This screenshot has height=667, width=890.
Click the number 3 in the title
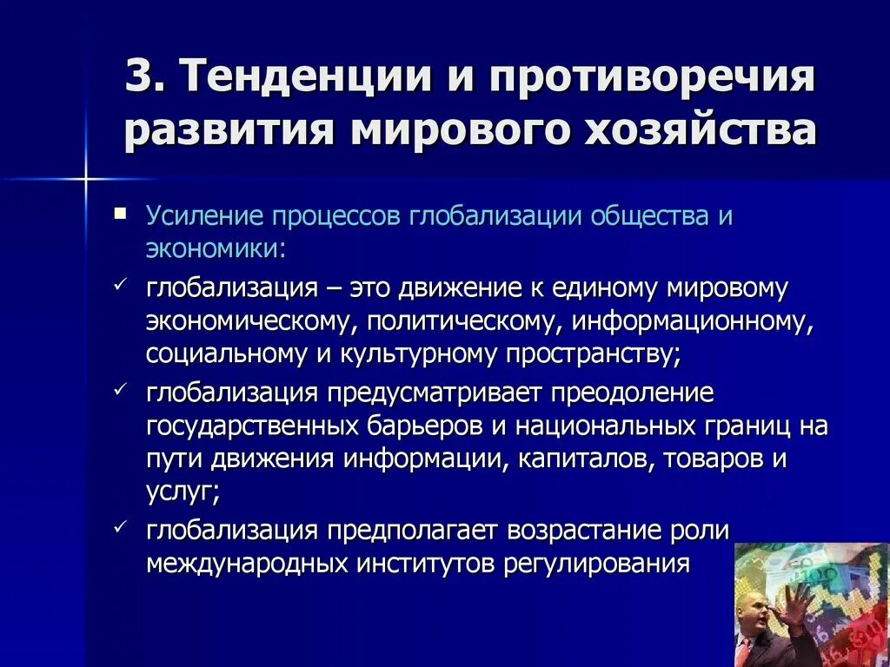tap(139, 79)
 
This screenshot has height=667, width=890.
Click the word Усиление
tap(206, 216)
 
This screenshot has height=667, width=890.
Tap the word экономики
tap(214, 248)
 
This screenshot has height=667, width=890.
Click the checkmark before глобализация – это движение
tap(120, 284)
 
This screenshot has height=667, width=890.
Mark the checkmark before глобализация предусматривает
tap(120, 390)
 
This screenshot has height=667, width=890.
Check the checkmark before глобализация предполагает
tap(120, 527)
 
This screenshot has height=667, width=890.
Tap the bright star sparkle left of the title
tap(86, 180)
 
